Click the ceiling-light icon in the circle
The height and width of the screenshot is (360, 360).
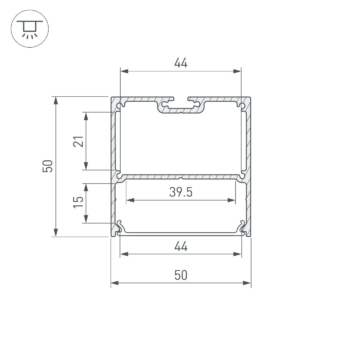coord(30,29)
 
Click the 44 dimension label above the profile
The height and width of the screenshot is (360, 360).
coord(181,63)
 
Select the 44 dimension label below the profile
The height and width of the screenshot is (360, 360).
coord(181,246)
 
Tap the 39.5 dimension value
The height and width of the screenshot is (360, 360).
coord(181,192)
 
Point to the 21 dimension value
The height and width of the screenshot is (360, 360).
coord(78,141)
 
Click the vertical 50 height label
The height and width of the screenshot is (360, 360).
coord(48,166)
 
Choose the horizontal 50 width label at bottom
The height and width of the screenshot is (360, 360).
coord(181,275)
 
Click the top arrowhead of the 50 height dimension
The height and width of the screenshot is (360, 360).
coord(55,100)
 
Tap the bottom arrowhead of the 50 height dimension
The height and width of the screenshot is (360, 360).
coord(55,232)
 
